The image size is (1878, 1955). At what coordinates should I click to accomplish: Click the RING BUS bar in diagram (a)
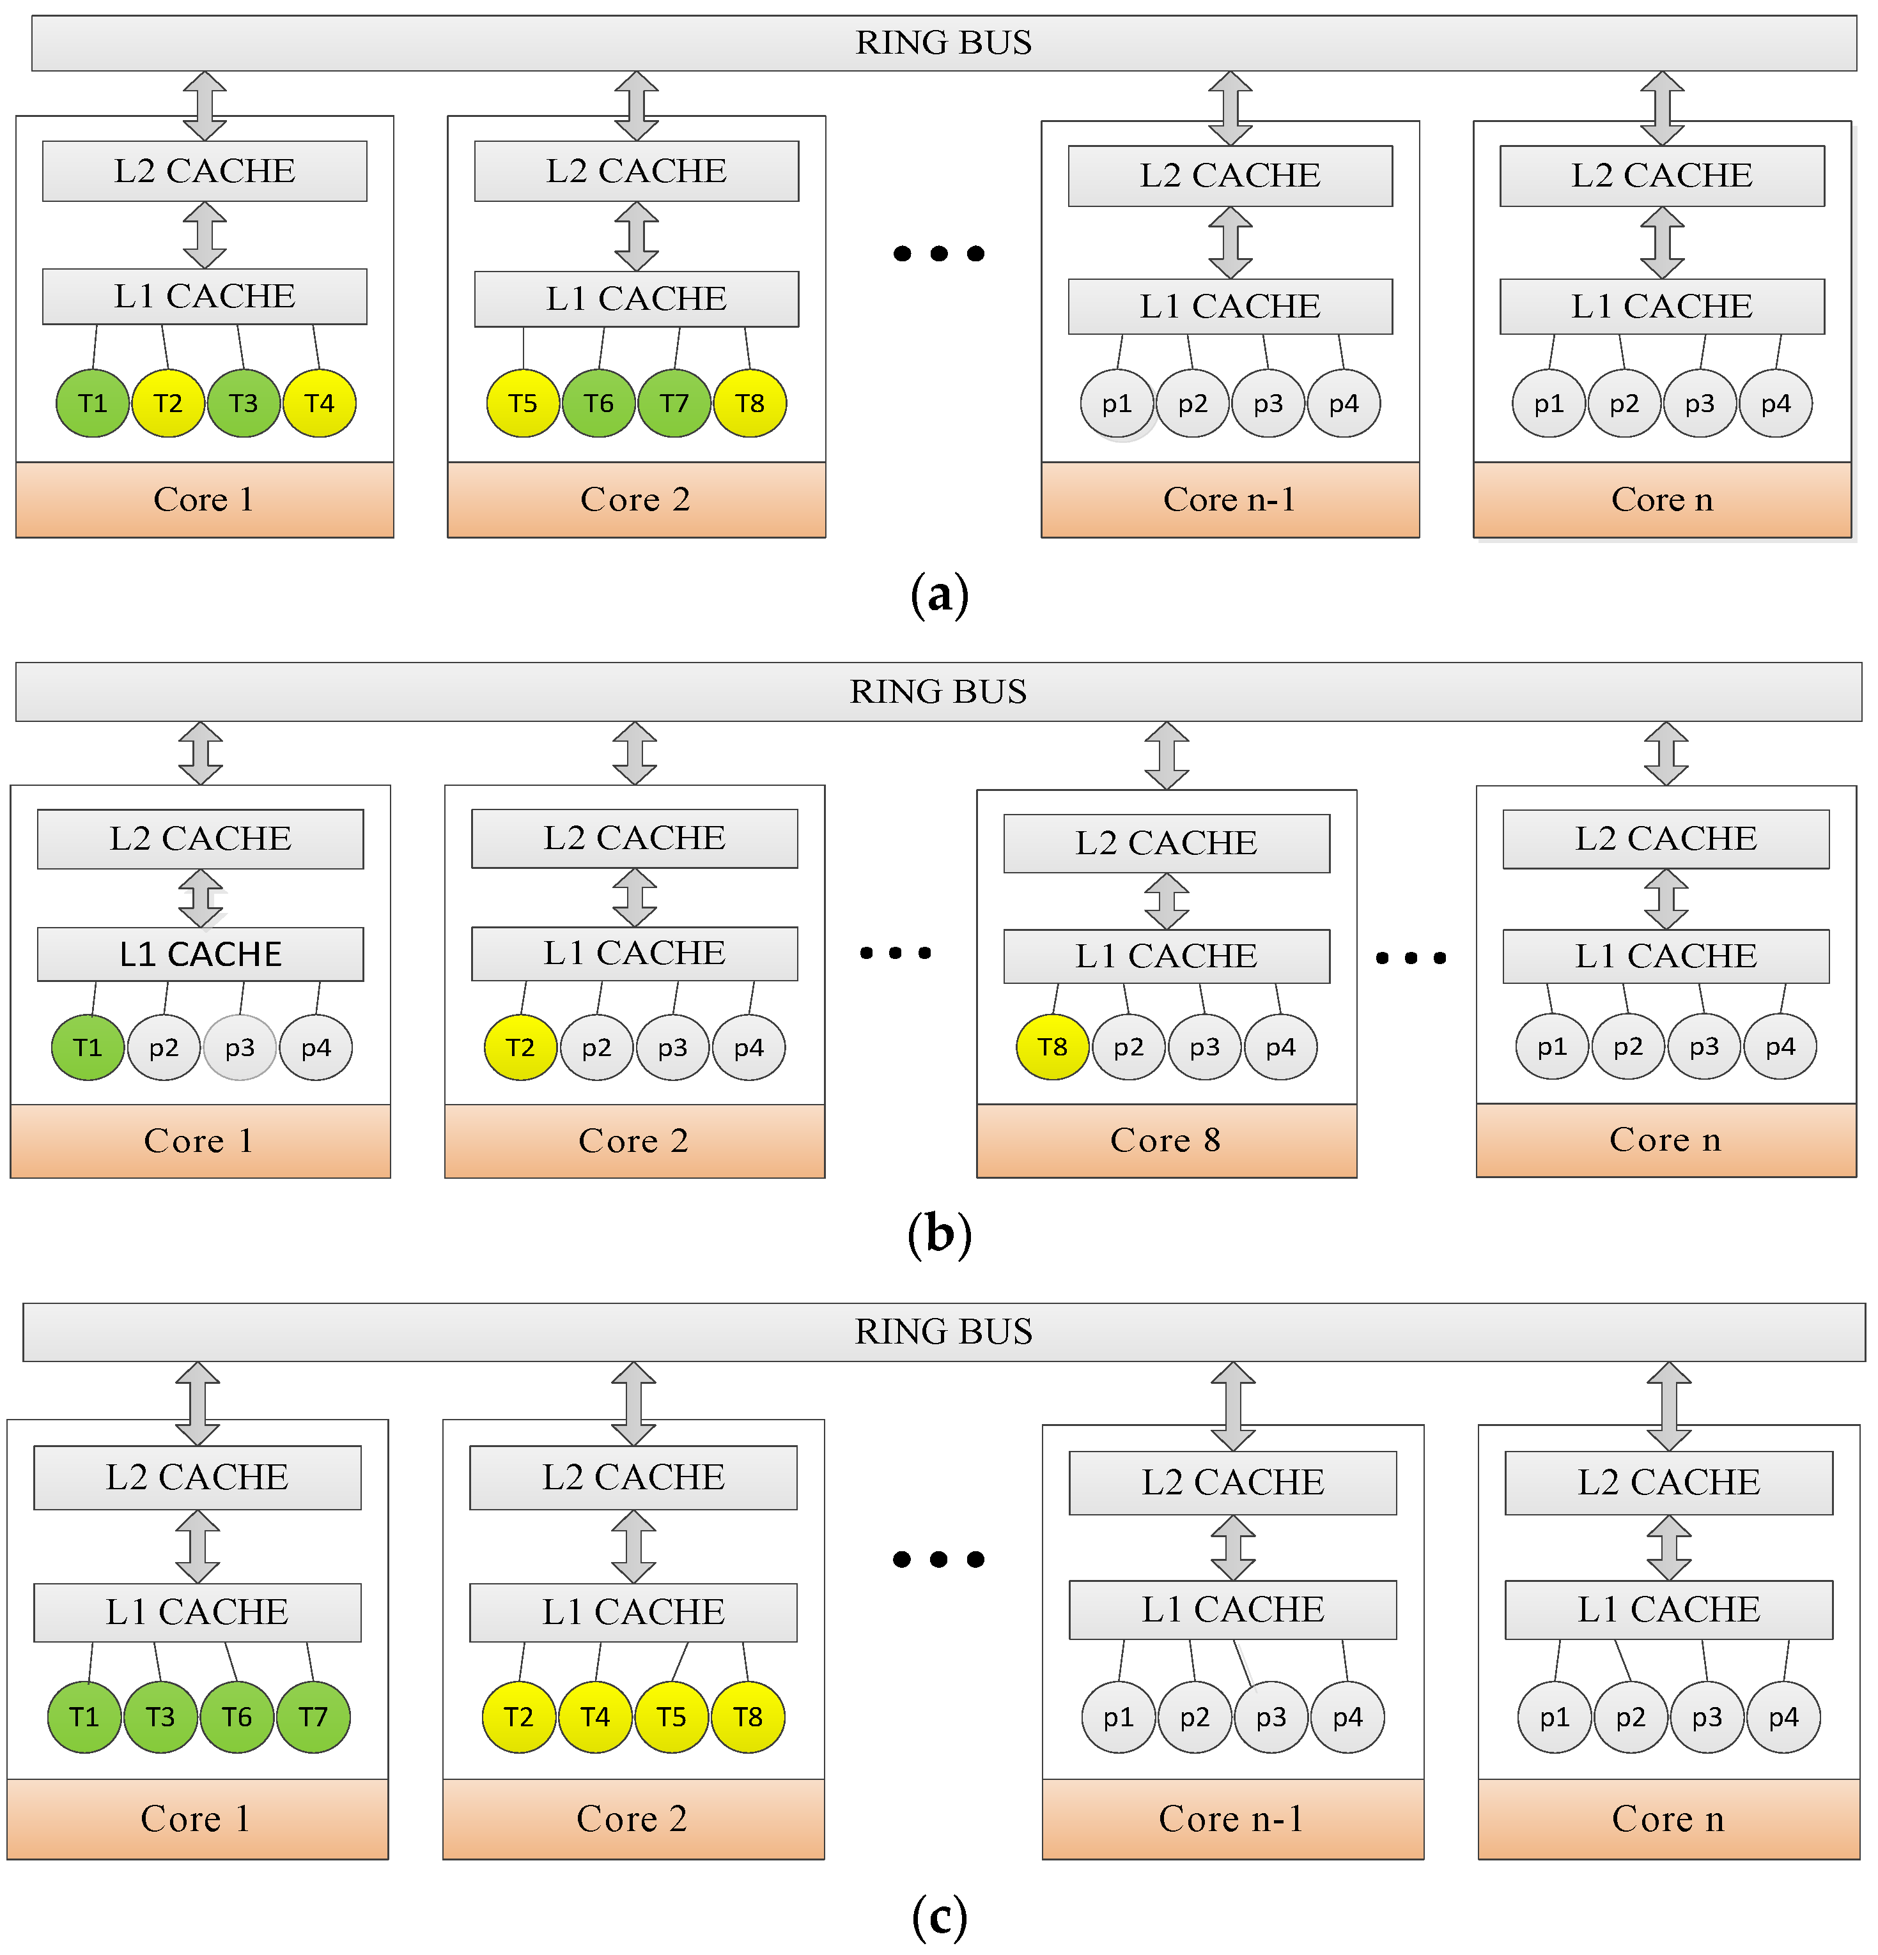942,43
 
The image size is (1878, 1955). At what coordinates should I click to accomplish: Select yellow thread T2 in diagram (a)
167,403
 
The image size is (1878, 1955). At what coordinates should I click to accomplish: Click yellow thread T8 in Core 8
1052,1046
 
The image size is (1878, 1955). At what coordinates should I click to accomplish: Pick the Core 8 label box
1165,1140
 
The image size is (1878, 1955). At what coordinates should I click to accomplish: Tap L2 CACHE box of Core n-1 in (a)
1229,176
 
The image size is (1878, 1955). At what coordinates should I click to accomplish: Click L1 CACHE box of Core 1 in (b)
199,954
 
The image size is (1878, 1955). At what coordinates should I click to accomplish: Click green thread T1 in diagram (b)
88,1046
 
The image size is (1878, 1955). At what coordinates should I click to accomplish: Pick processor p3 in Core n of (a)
1700,403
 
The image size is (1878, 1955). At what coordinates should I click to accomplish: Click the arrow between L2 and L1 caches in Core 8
1165,901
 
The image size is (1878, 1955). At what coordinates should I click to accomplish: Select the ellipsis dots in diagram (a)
938,254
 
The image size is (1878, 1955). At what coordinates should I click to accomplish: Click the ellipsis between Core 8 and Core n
1410,958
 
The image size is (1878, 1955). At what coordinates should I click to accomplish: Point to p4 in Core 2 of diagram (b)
749,1046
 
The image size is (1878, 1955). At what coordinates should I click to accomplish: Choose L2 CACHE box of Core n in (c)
1668,1482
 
